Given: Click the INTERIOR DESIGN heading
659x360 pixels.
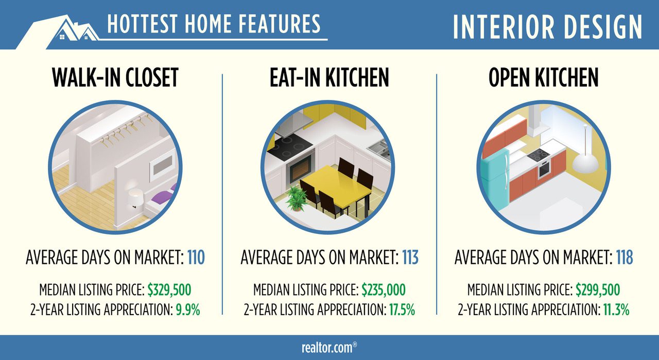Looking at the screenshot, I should coord(548,26).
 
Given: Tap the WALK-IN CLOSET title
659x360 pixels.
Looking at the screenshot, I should coord(115,78).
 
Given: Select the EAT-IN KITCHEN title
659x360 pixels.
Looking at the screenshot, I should coord(329,78).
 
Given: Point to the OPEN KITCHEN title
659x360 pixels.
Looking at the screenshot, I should coord(544,78).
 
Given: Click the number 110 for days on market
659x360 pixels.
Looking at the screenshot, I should coord(195,258).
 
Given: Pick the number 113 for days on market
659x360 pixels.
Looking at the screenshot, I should coord(410,258).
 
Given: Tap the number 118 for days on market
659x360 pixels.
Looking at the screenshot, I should coord(625,258).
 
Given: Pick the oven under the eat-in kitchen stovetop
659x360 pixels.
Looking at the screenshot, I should coord(301,168).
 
